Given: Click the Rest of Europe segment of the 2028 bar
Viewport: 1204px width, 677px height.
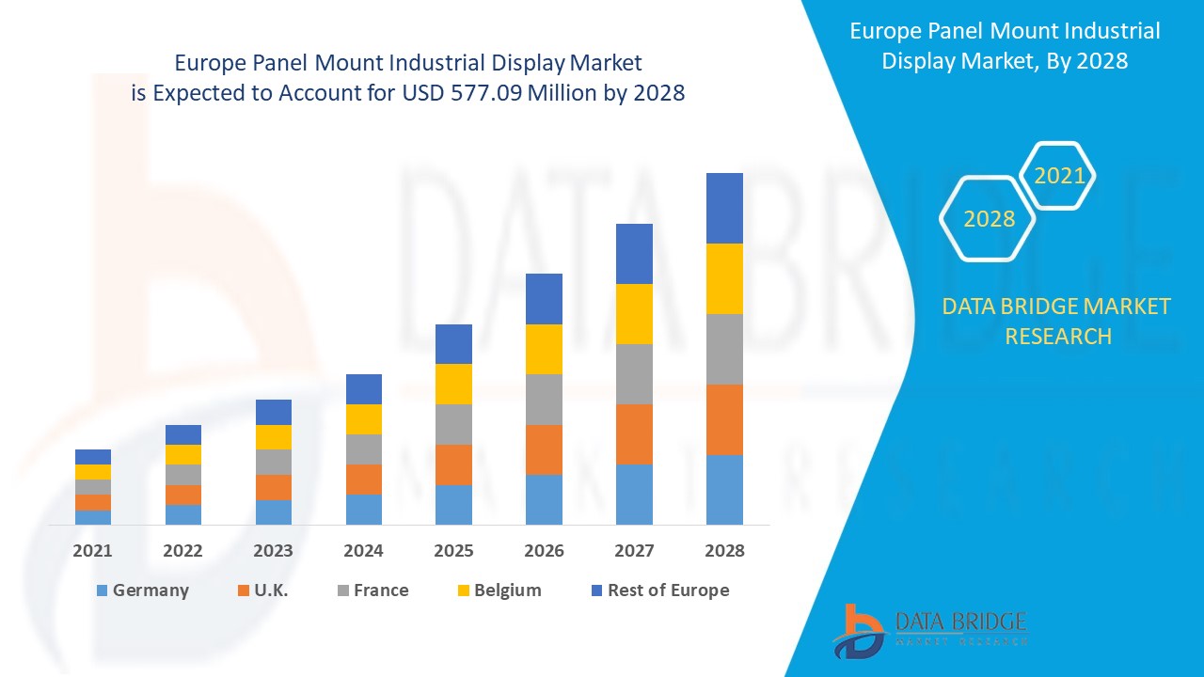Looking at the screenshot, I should (724, 208).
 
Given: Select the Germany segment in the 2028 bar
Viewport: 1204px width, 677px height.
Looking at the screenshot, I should (724, 489).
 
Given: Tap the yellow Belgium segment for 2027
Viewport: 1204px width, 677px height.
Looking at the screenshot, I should (634, 313).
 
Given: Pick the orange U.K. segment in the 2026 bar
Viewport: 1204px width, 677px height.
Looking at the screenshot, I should (544, 449).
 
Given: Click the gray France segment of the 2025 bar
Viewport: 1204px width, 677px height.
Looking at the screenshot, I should (453, 424).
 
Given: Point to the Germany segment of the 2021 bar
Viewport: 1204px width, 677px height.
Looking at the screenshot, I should (93, 517).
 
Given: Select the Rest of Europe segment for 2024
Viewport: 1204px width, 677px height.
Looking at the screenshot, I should (364, 389).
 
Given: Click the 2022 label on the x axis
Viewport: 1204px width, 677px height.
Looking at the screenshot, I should (182, 551).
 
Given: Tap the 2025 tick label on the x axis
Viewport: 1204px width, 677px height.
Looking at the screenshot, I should (453, 551).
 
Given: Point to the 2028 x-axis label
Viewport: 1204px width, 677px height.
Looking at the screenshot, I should (724, 551).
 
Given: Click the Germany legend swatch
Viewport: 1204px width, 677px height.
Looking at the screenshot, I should (102, 590).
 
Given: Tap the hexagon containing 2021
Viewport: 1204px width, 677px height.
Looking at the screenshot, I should (1058, 176).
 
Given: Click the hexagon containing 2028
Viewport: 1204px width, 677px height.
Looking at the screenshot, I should (989, 219).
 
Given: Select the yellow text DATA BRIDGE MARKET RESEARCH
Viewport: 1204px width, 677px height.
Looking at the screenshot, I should (1057, 321).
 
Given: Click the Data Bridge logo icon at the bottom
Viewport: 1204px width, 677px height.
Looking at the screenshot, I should (859, 630).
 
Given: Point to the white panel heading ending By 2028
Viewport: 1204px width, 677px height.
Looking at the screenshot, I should (1005, 45).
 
